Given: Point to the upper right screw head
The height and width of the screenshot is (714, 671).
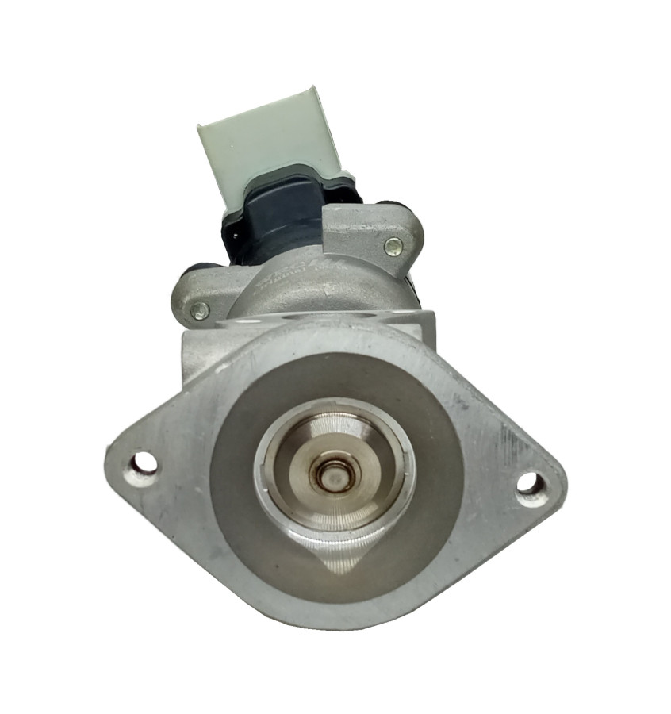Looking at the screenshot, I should click(393, 246).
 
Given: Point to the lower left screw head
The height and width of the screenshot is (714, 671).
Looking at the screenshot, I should click(199, 311).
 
